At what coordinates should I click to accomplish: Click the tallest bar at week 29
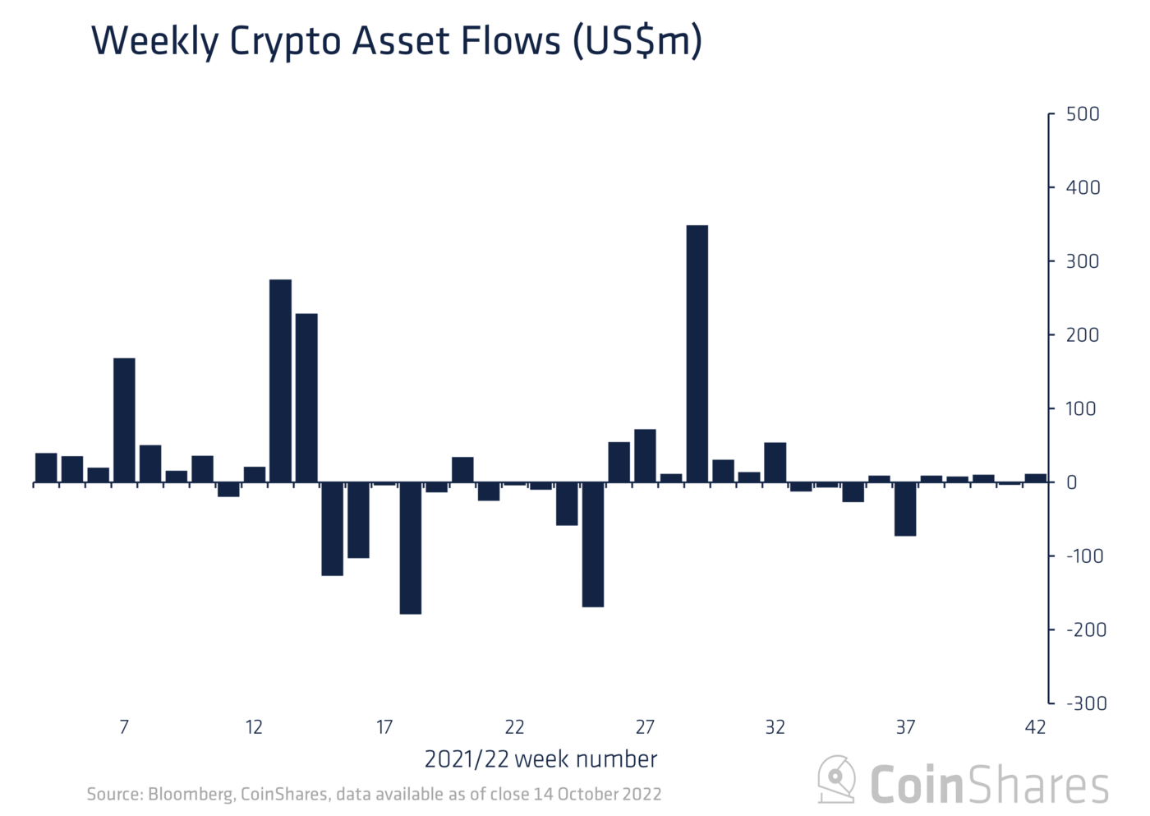[x=697, y=353]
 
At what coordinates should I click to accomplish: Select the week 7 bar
[x=124, y=420]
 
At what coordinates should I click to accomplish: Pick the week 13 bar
[x=280, y=380]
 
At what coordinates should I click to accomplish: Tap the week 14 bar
[x=306, y=398]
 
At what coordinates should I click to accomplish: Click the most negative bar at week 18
[x=411, y=548]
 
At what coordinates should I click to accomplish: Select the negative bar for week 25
[x=593, y=545]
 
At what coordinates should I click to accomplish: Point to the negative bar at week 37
[x=905, y=509]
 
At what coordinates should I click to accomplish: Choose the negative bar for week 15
[x=332, y=529]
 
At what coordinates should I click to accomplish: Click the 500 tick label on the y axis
[x=1083, y=114]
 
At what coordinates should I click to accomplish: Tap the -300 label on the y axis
[x=1086, y=703]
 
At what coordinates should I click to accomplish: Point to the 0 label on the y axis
[x=1071, y=483]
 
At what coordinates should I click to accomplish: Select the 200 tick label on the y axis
[x=1083, y=335]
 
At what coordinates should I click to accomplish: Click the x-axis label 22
[x=514, y=727]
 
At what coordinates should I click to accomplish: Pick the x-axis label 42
[x=1035, y=727]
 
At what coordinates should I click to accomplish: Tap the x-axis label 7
[x=124, y=727]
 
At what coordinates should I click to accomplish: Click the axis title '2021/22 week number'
[x=540, y=759]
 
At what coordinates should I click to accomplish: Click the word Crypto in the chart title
[x=285, y=42]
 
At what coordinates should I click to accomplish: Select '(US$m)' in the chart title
[x=637, y=42]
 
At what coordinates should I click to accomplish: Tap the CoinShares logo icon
[x=836, y=779]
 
